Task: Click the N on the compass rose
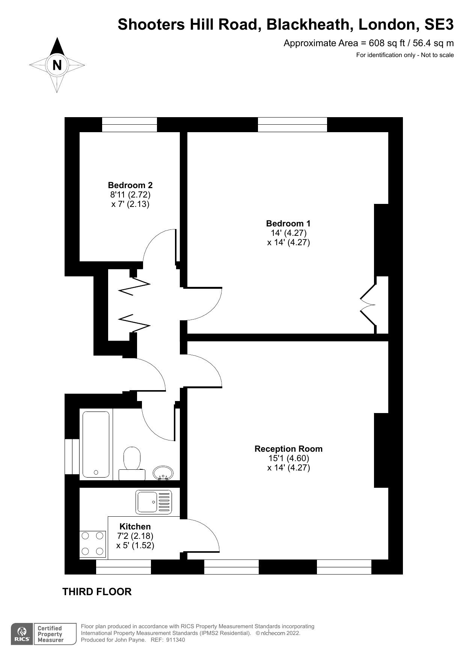(57, 65)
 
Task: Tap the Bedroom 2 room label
(130, 185)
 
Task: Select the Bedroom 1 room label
(288, 223)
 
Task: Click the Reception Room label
(288, 449)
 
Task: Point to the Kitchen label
(135, 526)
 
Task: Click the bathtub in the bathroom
(96, 444)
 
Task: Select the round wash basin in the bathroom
(163, 473)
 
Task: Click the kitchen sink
(154, 502)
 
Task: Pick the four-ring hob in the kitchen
(93, 544)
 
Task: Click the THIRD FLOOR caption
(97, 592)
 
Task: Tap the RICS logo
(22, 634)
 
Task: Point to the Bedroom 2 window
(130, 125)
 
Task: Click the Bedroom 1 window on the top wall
(293, 125)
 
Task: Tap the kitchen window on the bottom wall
(124, 567)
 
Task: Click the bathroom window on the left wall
(72, 457)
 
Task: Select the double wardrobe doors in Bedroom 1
(369, 305)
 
